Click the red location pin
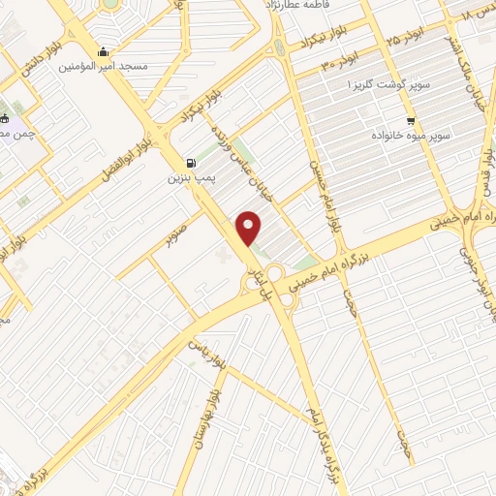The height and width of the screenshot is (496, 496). click(250, 228)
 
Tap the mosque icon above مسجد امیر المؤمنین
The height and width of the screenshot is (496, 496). click(103, 51)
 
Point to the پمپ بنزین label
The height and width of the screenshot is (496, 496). click(188, 178)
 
